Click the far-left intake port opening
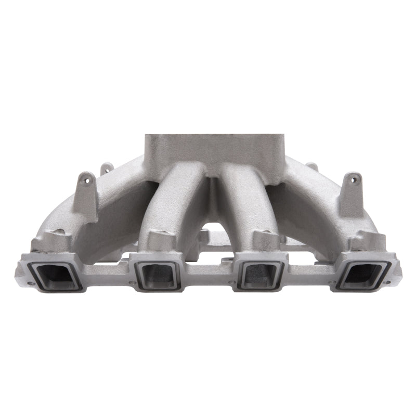point(53,274)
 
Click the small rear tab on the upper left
point(107,168)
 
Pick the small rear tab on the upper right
point(313,167)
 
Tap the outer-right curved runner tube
point(307,208)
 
